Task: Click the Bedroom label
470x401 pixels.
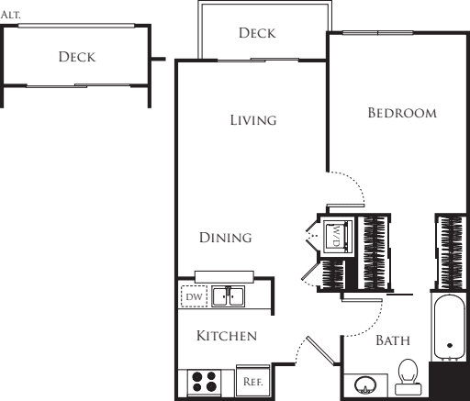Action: (x=402, y=113)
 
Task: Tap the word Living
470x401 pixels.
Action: (x=253, y=120)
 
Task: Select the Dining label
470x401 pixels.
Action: (x=226, y=238)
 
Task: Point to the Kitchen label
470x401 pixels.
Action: (x=227, y=336)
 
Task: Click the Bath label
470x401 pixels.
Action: (x=393, y=340)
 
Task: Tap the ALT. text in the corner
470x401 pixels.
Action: (x=10, y=15)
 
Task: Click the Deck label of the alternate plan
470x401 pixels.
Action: (x=77, y=57)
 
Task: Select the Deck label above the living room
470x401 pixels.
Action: (x=257, y=33)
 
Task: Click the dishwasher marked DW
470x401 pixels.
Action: (x=194, y=296)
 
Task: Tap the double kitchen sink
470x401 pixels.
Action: (x=229, y=296)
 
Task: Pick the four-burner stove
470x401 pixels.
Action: (x=204, y=382)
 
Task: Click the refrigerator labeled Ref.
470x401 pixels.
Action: (x=252, y=381)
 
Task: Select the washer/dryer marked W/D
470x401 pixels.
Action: (x=338, y=237)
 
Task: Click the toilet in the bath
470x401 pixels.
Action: (x=408, y=377)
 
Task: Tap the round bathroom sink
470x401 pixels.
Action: (x=365, y=384)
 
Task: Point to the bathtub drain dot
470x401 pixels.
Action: (x=450, y=346)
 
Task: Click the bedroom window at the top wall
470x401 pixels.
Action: (x=377, y=33)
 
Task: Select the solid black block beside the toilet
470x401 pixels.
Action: (x=448, y=381)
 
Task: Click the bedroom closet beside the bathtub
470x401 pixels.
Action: (x=451, y=252)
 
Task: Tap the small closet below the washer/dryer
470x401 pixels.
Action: (x=332, y=274)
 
